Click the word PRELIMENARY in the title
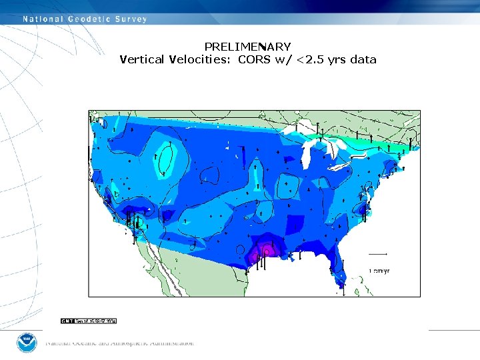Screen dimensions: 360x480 (247, 47)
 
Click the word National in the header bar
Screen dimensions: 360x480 (44, 19)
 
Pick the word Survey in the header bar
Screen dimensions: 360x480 (131, 19)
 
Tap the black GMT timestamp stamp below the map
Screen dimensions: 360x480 (89, 321)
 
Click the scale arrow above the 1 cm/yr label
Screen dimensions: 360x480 (378, 254)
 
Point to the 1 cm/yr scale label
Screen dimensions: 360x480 (379, 271)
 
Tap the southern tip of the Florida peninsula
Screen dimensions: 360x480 (341, 285)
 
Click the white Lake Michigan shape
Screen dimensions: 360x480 (306, 157)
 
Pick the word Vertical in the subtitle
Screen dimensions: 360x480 (143, 59)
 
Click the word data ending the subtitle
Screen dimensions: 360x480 (363, 59)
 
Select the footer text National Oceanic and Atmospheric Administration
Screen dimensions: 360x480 (120, 343)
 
